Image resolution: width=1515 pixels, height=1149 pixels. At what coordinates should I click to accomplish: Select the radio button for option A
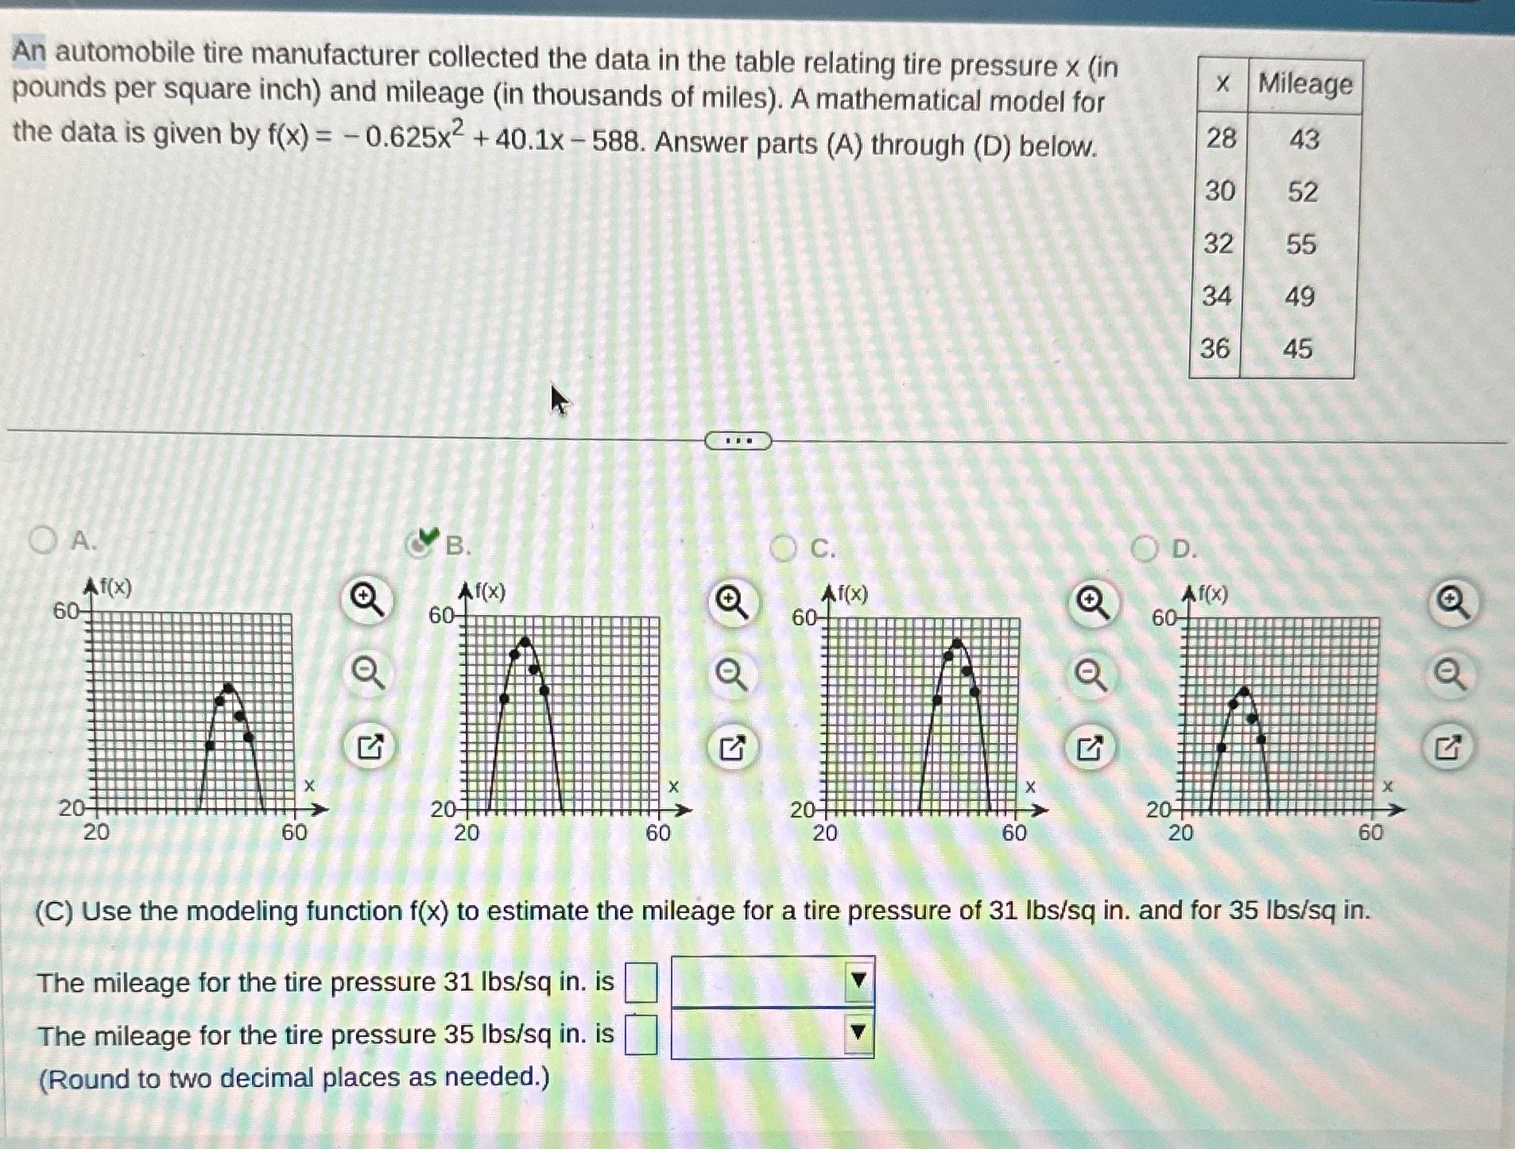tap(43, 540)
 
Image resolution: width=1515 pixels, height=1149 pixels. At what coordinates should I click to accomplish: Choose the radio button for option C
tap(784, 548)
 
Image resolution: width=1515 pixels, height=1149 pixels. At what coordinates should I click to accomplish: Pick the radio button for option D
tap(1145, 549)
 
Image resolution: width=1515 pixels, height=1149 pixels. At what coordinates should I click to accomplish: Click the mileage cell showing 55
tap(1301, 244)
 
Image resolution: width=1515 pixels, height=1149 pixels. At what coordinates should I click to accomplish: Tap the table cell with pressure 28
tap(1221, 139)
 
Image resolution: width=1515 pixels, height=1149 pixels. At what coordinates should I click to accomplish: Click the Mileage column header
tap(1305, 84)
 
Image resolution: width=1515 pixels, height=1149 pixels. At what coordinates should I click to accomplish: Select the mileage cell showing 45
tap(1298, 349)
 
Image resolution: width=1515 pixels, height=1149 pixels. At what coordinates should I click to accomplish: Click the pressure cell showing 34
tap(1217, 296)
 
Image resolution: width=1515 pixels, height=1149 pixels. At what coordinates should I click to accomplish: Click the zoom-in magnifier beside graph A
tap(368, 600)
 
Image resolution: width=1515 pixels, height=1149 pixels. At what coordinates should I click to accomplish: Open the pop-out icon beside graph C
tap(1090, 748)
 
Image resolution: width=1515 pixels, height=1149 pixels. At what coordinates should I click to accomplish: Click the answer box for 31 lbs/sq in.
tap(641, 983)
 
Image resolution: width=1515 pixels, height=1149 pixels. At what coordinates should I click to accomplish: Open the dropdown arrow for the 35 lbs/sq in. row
tap(858, 1033)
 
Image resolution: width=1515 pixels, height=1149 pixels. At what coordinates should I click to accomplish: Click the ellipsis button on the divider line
tap(738, 441)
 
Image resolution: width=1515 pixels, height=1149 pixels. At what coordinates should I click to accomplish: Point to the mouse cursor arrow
tap(559, 399)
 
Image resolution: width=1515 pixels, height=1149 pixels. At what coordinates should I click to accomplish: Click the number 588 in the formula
tap(617, 141)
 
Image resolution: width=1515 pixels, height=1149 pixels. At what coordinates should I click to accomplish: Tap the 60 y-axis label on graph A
tap(65, 611)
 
